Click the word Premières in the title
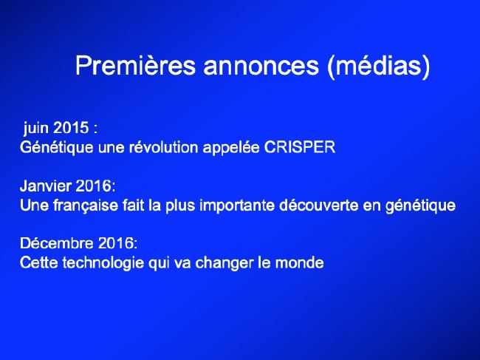pos(135,65)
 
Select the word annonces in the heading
pos(261,66)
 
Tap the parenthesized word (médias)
pos(379,67)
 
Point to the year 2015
pos(71,127)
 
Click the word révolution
pos(163,147)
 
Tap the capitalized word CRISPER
pos(300,147)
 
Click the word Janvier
pos(45,186)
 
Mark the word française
pos(86,205)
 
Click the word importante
pos(237,206)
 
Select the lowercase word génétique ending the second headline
pos(420,206)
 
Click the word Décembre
pos(57,243)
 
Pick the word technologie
pos(103,263)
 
